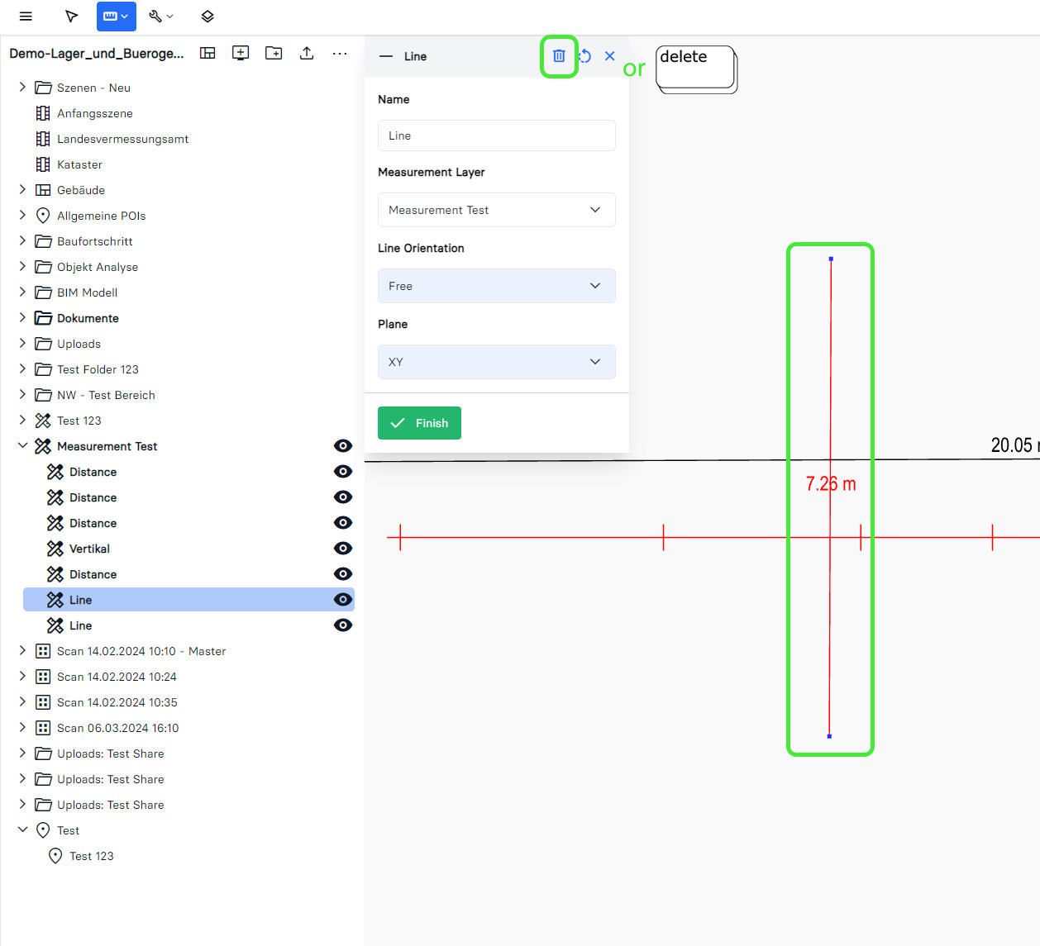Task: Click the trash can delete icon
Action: coord(558,56)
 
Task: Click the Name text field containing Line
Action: coord(496,135)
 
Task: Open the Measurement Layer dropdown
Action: coord(496,210)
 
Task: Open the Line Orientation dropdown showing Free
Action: coord(496,286)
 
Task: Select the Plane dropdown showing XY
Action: coord(496,362)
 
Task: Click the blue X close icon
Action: coord(609,56)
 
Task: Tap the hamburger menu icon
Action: coord(26,17)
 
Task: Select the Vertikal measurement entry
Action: coord(89,549)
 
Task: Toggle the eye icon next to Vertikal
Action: coord(343,549)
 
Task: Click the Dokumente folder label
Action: coord(88,318)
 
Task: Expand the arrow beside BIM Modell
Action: coord(21,292)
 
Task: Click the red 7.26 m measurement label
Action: coord(831,483)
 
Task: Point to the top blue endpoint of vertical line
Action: coord(831,259)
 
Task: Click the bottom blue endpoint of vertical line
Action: coord(829,736)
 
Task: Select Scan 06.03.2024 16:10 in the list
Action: coord(117,728)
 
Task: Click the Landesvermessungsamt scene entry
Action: coord(123,139)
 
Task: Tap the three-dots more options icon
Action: coord(340,54)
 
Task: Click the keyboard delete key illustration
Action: coord(696,69)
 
